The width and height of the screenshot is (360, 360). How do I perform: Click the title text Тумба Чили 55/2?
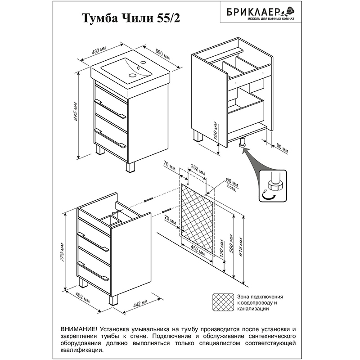[131, 18]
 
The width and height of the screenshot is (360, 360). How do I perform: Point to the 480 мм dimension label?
[99, 50]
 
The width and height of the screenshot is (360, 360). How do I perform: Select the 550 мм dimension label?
[162, 55]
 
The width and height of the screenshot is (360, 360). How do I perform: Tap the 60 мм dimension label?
[282, 149]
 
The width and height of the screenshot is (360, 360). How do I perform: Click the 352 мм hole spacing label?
[198, 171]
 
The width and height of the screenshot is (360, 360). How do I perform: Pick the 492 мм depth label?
[83, 298]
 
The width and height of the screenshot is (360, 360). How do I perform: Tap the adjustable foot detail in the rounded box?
[273, 186]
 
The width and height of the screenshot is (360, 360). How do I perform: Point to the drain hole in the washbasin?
[132, 75]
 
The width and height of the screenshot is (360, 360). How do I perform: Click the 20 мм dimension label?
[170, 220]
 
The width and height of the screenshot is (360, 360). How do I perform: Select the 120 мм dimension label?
[221, 248]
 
